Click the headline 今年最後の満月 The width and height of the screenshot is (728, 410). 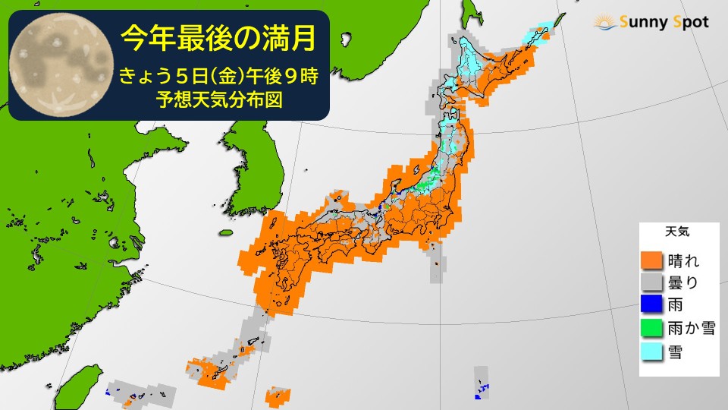(218, 38)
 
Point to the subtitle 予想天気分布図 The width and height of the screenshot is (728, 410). (218, 101)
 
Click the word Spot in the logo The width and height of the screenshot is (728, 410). (688, 22)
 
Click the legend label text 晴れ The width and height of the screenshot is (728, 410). (682, 260)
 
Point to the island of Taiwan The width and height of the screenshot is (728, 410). (76, 387)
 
